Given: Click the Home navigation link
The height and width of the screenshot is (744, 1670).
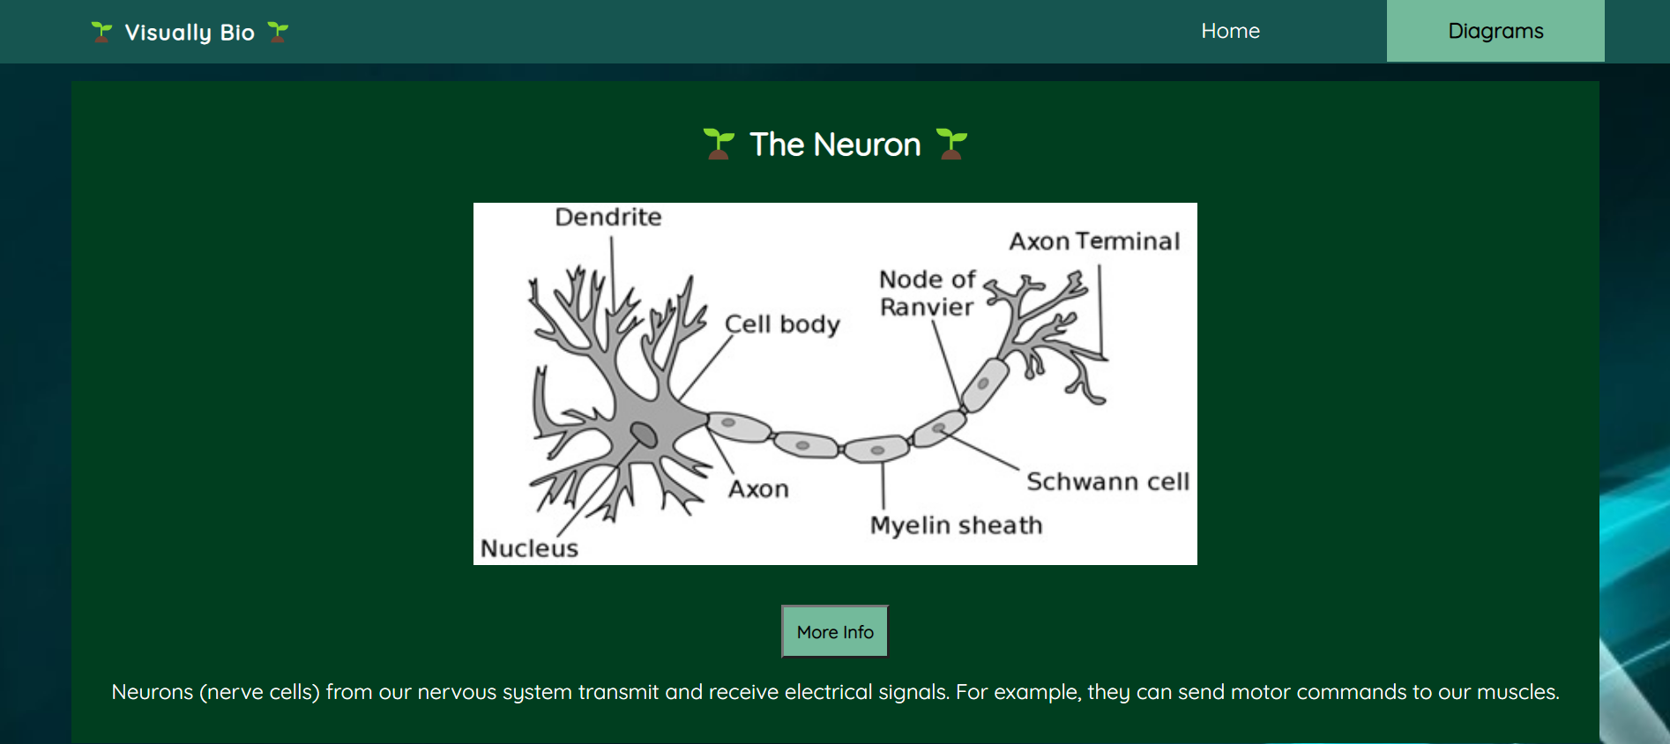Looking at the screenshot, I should [1230, 31].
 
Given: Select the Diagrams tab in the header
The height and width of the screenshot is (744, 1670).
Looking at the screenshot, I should [1495, 31].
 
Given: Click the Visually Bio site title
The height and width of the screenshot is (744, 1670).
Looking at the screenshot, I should [190, 33].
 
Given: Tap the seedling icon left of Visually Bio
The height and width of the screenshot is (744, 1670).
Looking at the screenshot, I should [102, 33].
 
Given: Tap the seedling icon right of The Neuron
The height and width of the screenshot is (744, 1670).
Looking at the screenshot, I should [951, 144].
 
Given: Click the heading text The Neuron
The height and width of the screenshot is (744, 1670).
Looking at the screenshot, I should [835, 145].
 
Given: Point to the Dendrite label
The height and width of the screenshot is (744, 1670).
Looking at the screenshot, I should [608, 217].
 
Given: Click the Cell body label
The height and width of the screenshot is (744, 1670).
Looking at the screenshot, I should [782, 324].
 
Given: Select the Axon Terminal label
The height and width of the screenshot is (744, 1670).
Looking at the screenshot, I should [1094, 241].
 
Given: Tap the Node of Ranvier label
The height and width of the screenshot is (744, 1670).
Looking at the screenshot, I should [927, 293].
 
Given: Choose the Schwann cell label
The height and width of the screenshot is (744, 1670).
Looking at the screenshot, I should [1107, 481].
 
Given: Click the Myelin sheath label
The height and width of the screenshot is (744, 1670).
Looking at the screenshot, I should [956, 525].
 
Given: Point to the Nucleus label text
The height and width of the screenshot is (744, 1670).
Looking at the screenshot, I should [529, 548].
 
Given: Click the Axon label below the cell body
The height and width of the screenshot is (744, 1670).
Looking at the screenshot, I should [758, 489].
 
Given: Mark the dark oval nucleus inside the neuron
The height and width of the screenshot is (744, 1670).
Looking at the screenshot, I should [644, 434].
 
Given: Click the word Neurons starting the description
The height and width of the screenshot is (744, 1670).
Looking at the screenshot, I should [152, 692].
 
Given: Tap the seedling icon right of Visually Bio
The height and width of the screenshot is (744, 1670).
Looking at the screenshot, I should [278, 33].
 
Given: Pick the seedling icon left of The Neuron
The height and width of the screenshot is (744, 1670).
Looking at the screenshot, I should [719, 144].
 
